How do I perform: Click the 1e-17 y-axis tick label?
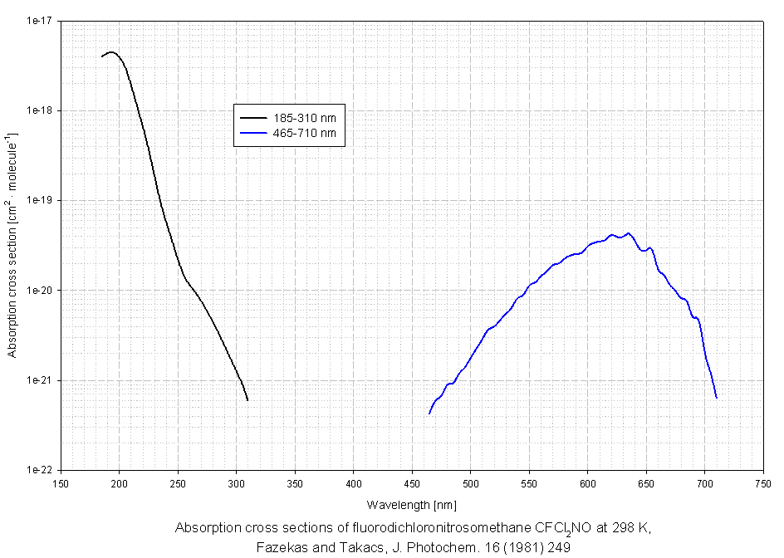pos(39,21)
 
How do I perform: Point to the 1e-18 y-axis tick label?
pos(39,110)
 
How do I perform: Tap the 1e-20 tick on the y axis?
pos(39,291)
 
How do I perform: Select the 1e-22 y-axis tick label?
pos(39,470)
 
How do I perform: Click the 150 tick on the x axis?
pos(61,482)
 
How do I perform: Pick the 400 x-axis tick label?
pos(354,482)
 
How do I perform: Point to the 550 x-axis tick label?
pos(529,482)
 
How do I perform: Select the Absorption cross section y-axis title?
pos(12,245)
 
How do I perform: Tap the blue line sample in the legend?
pos(252,133)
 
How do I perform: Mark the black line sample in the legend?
pos(252,117)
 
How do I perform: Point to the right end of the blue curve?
pos(716,398)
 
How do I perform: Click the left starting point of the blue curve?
pos(429,413)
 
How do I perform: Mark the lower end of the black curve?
pos(247,400)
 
